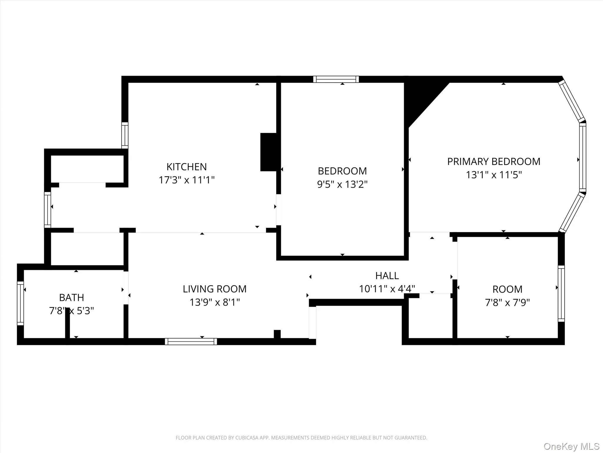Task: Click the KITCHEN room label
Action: pyautogui.click(x=186, y=167)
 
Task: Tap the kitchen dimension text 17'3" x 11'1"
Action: pyautogui.click(x=186, y=180)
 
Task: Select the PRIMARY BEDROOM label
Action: pyautogui.click(x=493, y=162)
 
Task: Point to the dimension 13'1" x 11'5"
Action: pyautogui.click(x=493, y=175)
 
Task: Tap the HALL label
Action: pyautogui.click(x=387, y=276)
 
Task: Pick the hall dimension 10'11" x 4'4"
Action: pyautogui.click(x=387, y=289)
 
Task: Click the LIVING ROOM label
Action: pyautogui.click(x=214, y=289)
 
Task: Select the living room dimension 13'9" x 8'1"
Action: pyautogui.click(x=214, y=302)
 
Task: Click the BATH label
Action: pyautogui.click(x=72, y=298)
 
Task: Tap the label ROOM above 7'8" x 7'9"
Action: pyautogui.click(x=507, y=289)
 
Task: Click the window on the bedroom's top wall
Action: pyautogui.click(x=336, y=79)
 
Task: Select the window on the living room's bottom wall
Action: pyautogui.click(x=191, y=342)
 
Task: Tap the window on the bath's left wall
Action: pyautogui.click(x=20, y=303)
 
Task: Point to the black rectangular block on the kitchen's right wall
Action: pyautogui.click(x=268, y=152)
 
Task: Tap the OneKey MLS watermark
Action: pyautogui.click(x=571, y=447)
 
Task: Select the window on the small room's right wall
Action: pyautogui.click(x=561, y=293)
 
